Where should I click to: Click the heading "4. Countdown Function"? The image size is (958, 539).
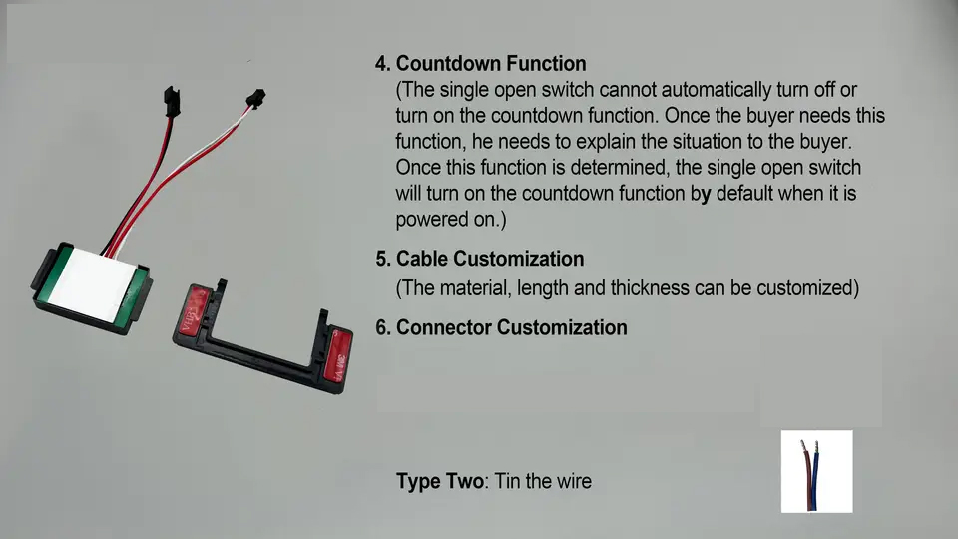point(481,64)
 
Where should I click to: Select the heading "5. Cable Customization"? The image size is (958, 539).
point(480,259)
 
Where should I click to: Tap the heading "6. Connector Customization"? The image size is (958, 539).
point(501,327)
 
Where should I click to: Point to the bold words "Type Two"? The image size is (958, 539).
point(440,481)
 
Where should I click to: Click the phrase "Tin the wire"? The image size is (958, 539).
point(543,481)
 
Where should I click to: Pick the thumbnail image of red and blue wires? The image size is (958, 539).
point(817,471)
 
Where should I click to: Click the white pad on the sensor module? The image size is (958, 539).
point(92,285)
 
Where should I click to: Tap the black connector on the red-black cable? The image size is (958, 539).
point(172,102)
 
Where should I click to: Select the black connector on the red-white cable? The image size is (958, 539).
point(255,99)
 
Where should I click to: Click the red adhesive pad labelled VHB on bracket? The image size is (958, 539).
point(195,309)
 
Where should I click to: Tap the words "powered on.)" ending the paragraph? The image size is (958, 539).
point(451,220)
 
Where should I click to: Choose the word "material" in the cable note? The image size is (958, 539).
point(475,287)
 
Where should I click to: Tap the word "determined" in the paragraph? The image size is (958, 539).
point(620,168)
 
